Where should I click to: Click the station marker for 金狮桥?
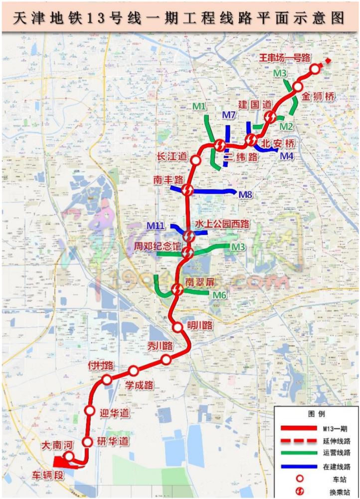(298, 86)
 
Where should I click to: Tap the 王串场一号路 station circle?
(315, 69)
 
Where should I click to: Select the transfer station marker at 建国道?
(270, 117)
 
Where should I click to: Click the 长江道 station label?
(171, 156)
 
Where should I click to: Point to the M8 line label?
(245, 195)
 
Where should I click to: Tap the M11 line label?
(156, 226)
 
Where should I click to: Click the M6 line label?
(220, 295)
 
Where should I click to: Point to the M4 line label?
(286, 156)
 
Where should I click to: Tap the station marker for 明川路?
(178, 327)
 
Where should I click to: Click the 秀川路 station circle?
(166, 360)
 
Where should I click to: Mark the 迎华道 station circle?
(90, 410)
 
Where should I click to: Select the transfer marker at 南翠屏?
(177, 289)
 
